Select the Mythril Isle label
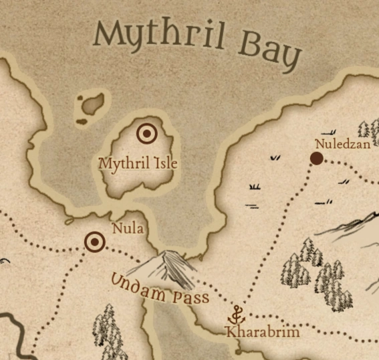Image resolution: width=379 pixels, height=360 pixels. tap(138, 163)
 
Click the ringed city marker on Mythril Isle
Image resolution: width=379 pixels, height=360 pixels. tap(146, 134)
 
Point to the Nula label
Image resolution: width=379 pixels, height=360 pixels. tap(128, 228)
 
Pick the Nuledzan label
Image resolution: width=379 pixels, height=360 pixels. tap(342, 143)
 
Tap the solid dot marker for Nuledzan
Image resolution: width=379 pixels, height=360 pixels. tap(317, 159)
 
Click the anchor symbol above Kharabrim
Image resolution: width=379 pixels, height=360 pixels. tap(236, 314)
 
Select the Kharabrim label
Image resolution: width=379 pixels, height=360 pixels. tap(253, 332)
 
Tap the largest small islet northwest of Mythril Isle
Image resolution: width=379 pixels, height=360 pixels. tap(92, 104)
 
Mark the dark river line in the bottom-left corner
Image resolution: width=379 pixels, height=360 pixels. tap(20, 338)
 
